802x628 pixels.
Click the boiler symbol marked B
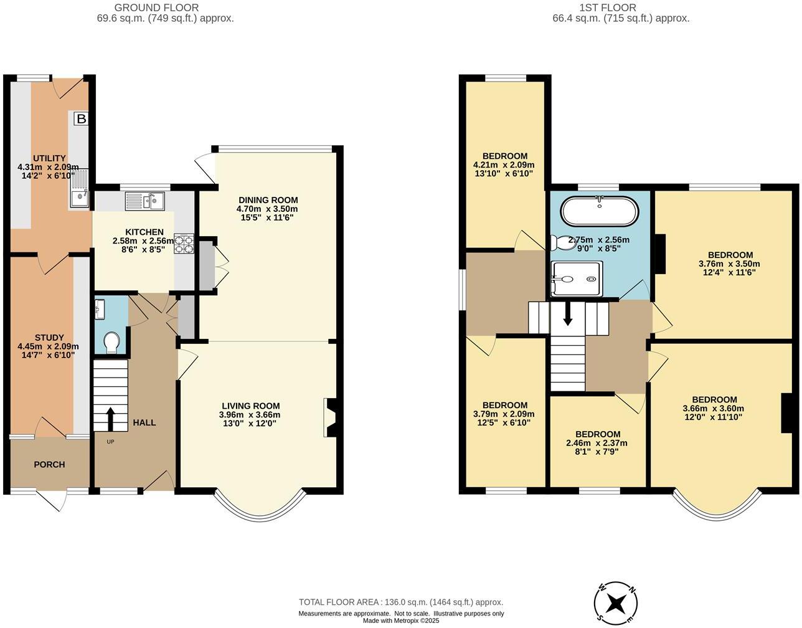(x=81, y=118)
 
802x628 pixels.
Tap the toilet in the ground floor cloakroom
(x=111, y=342)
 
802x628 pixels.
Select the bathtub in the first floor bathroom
(x=599, y=212)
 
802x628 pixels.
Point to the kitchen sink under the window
(x=144, y=201)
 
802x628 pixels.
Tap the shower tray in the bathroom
(x=577, y=278)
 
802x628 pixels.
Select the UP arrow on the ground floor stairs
(x=110, y=419)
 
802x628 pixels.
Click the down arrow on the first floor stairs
(x=567, y=314)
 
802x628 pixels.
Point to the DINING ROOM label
(x=268, y=200)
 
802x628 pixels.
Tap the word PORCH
(x=49, y=464)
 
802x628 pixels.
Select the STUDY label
(x=49, y=338)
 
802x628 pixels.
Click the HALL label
(x=144, y=422)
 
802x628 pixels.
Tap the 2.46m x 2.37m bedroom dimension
(x=597, y=444)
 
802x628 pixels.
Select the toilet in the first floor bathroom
(x=565, y=243)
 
